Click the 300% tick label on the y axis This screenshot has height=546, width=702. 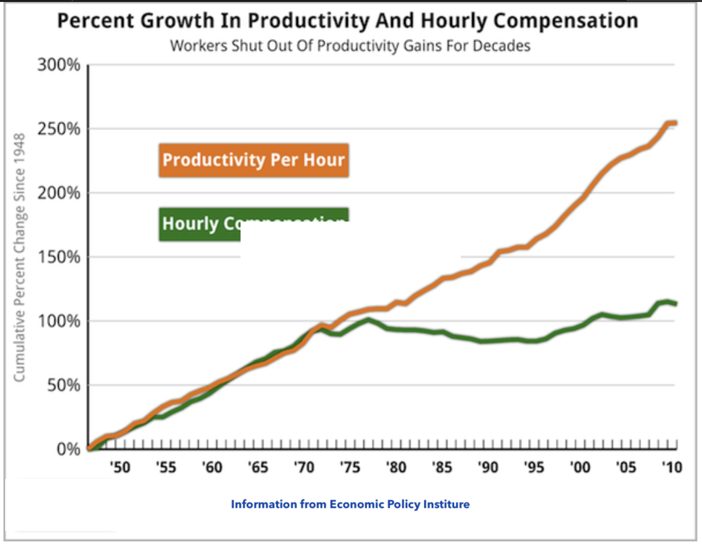coord(59,65)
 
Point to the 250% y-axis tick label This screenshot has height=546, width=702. coord(59,129)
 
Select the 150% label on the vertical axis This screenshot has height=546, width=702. coord(59,257)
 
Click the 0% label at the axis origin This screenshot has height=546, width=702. coord(68,449)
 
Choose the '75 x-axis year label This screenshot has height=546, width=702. coord(349,467)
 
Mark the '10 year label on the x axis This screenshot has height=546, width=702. coord(670,467)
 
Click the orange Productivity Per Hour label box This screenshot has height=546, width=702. coord(253,160)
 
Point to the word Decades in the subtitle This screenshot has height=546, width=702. coord(504,46)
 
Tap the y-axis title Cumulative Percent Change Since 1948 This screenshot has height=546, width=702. coord(19,257)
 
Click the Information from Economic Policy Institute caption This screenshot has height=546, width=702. coord(350,504)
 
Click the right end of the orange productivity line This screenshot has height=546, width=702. coord(675,123)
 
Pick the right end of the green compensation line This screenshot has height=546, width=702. coord(675,304)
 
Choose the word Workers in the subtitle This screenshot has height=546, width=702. coord(198,46)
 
